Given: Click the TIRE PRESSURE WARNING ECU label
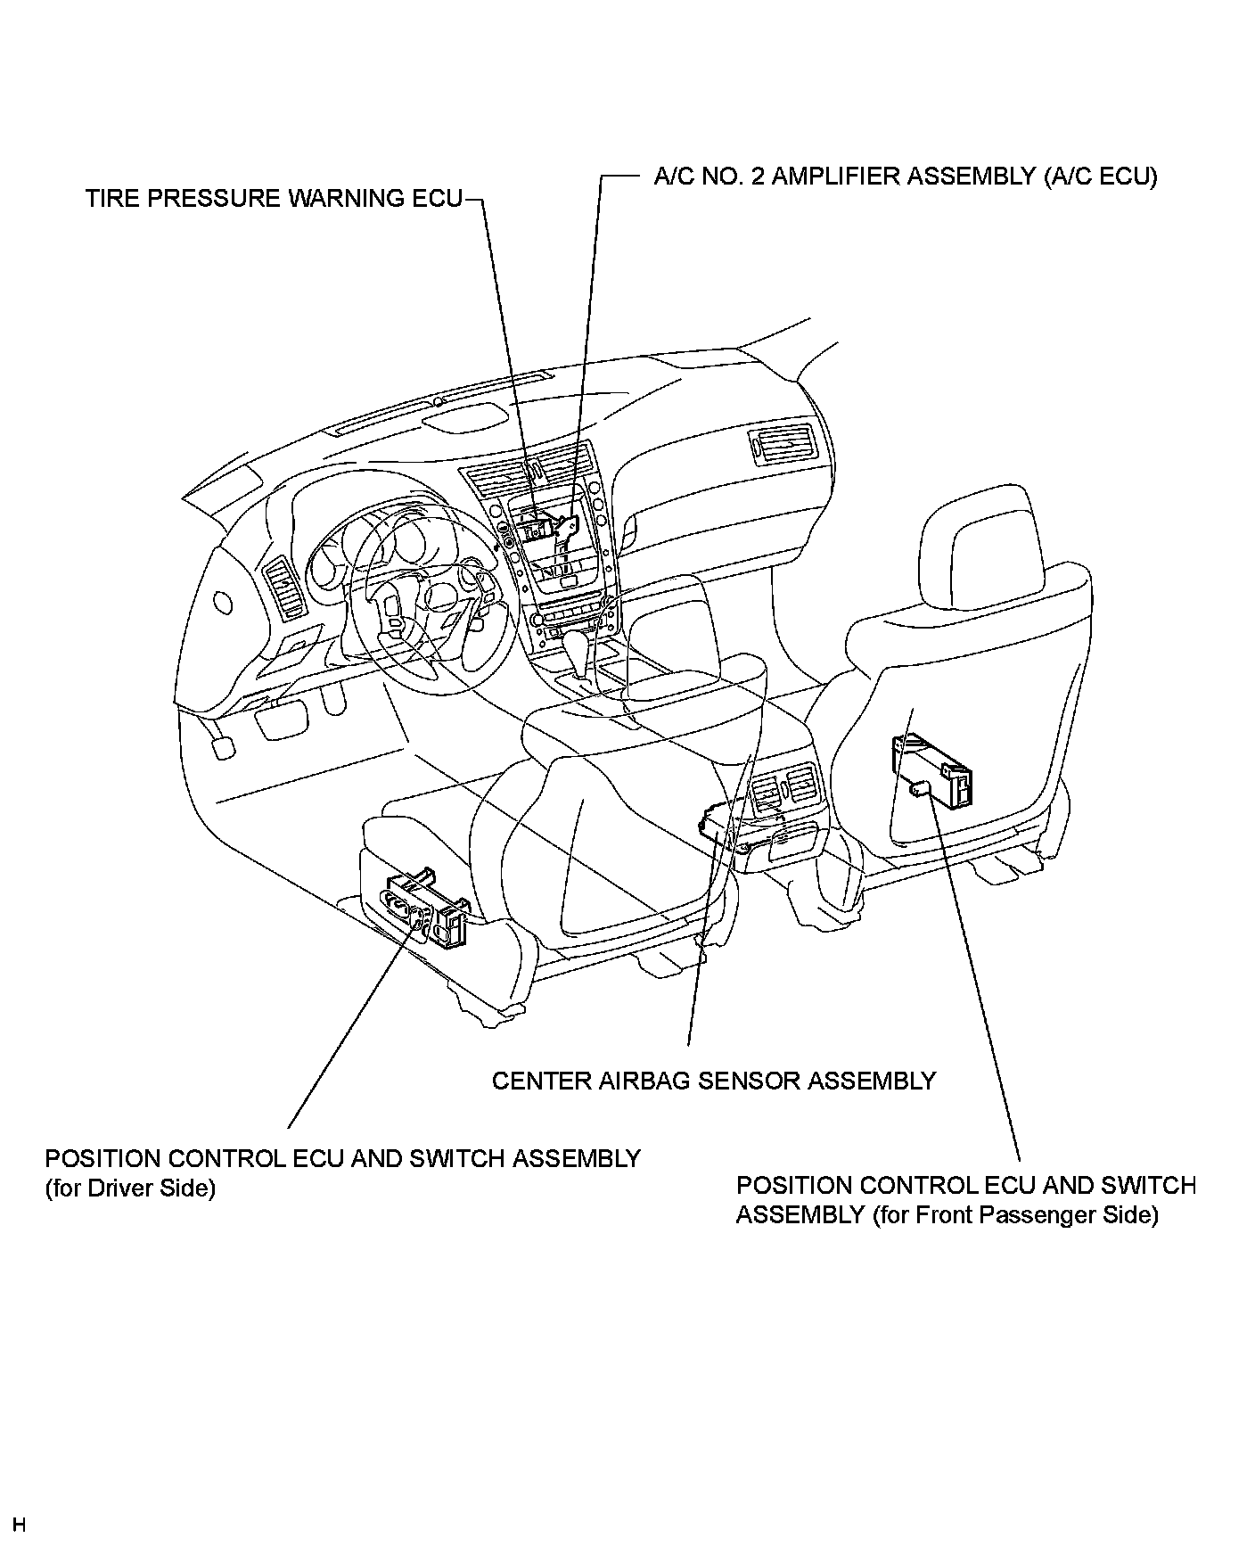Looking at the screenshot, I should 274,198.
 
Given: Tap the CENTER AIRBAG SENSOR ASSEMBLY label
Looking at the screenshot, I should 714,1081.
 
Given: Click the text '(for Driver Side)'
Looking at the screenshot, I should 130,1188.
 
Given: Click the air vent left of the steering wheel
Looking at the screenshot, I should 287,588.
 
